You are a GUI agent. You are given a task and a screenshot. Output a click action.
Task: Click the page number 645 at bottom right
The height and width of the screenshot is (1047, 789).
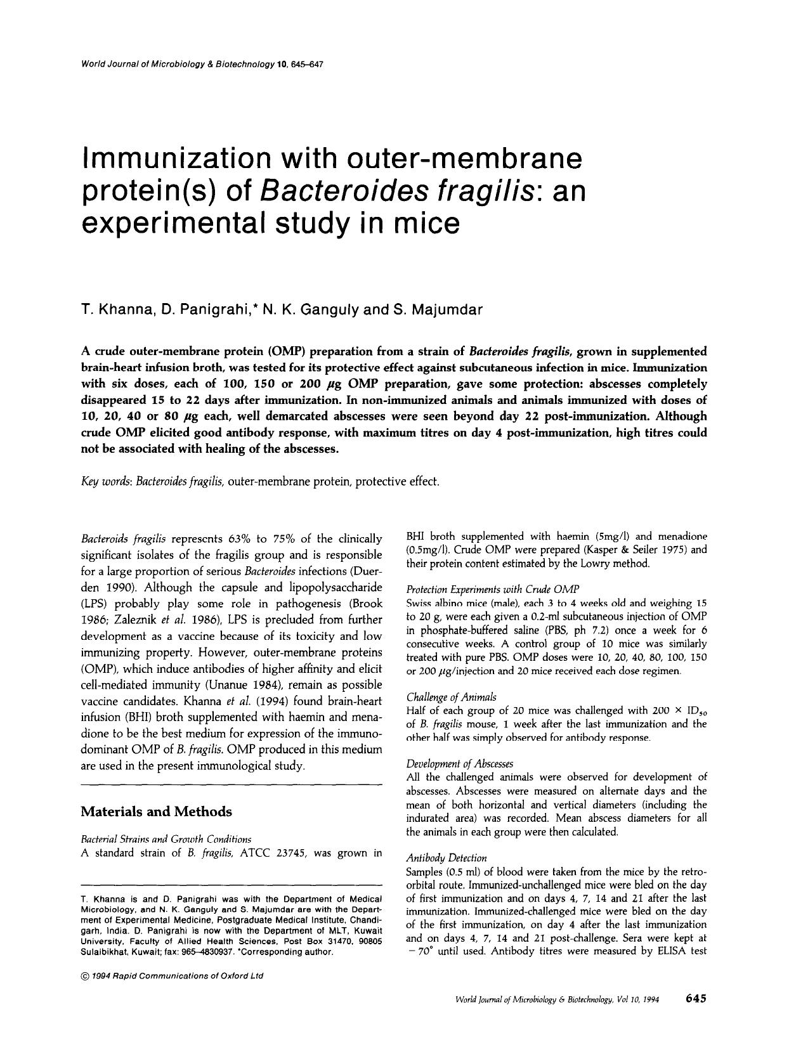[x=695, y=999]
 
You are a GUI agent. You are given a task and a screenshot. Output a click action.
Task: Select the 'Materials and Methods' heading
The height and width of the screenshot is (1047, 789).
[x=157, y=812]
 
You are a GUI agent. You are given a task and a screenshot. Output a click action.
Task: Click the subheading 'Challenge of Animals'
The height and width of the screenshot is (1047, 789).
[x=451, y=697]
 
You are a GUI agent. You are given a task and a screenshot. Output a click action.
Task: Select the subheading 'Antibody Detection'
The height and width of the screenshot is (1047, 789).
[x=447, y=858]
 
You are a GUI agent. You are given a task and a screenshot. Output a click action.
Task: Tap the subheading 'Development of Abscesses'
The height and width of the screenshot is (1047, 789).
[x=459, y=764]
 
